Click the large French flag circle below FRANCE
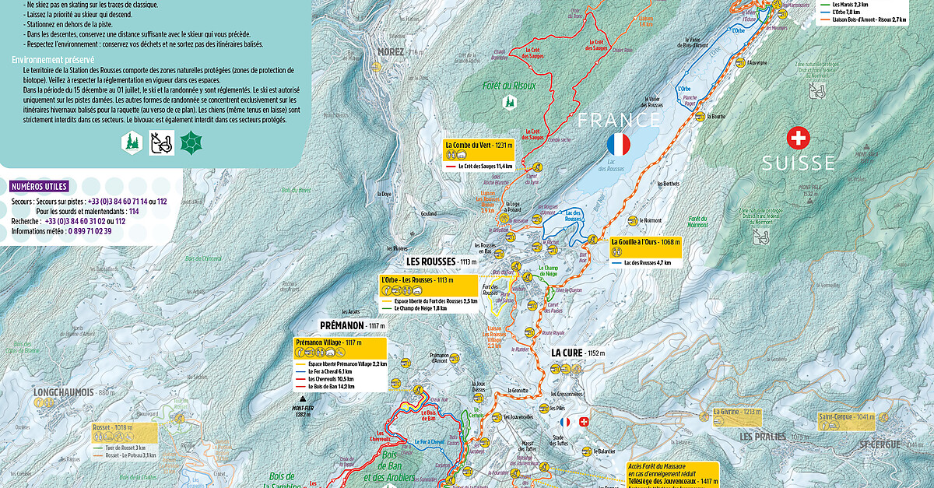coord(618,144)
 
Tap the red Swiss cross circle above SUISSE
coord(798,139)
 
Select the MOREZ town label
coord(391,52)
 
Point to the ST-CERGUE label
coord(880,444)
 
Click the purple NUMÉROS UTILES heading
coord(40,186)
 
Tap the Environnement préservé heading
coord(53,59)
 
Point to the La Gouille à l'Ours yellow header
coord(645,242)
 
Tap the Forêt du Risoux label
coord(509,86)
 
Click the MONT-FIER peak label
coord(302,407)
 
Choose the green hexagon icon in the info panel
coord(190,142)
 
